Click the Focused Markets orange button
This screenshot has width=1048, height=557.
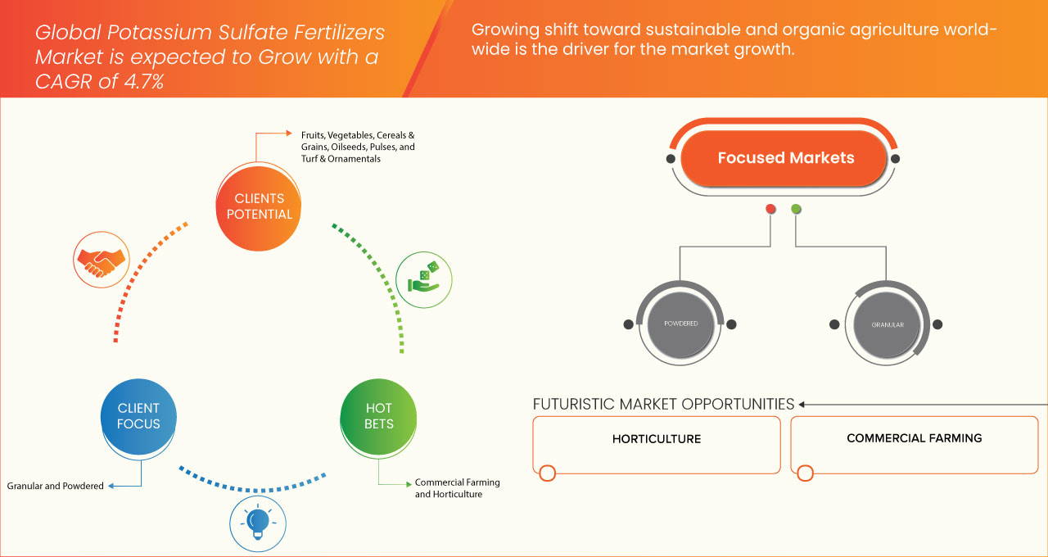point(785,158)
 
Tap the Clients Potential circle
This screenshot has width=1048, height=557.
point(258,206)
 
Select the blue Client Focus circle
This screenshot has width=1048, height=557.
point(138,415)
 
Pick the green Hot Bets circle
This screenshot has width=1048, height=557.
point(378,415)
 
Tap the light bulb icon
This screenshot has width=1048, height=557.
point(259,522)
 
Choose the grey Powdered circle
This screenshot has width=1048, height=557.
point(680,324)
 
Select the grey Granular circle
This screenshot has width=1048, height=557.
point(888,324)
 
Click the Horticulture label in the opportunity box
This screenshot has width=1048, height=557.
point(657,439)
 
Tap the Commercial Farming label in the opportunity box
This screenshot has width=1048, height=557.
point(914,438)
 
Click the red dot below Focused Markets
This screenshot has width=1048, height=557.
point(770,210)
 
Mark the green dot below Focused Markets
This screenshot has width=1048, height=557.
point(796,210)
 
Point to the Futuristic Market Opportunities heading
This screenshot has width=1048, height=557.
point(663,404)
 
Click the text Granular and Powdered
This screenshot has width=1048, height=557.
point(56,486)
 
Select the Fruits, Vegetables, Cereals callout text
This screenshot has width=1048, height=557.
point(358,147)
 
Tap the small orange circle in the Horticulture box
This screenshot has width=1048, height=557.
point(548,473)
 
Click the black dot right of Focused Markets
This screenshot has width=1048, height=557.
point(895,158)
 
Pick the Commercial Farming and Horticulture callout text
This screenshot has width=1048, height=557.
point(457,488)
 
